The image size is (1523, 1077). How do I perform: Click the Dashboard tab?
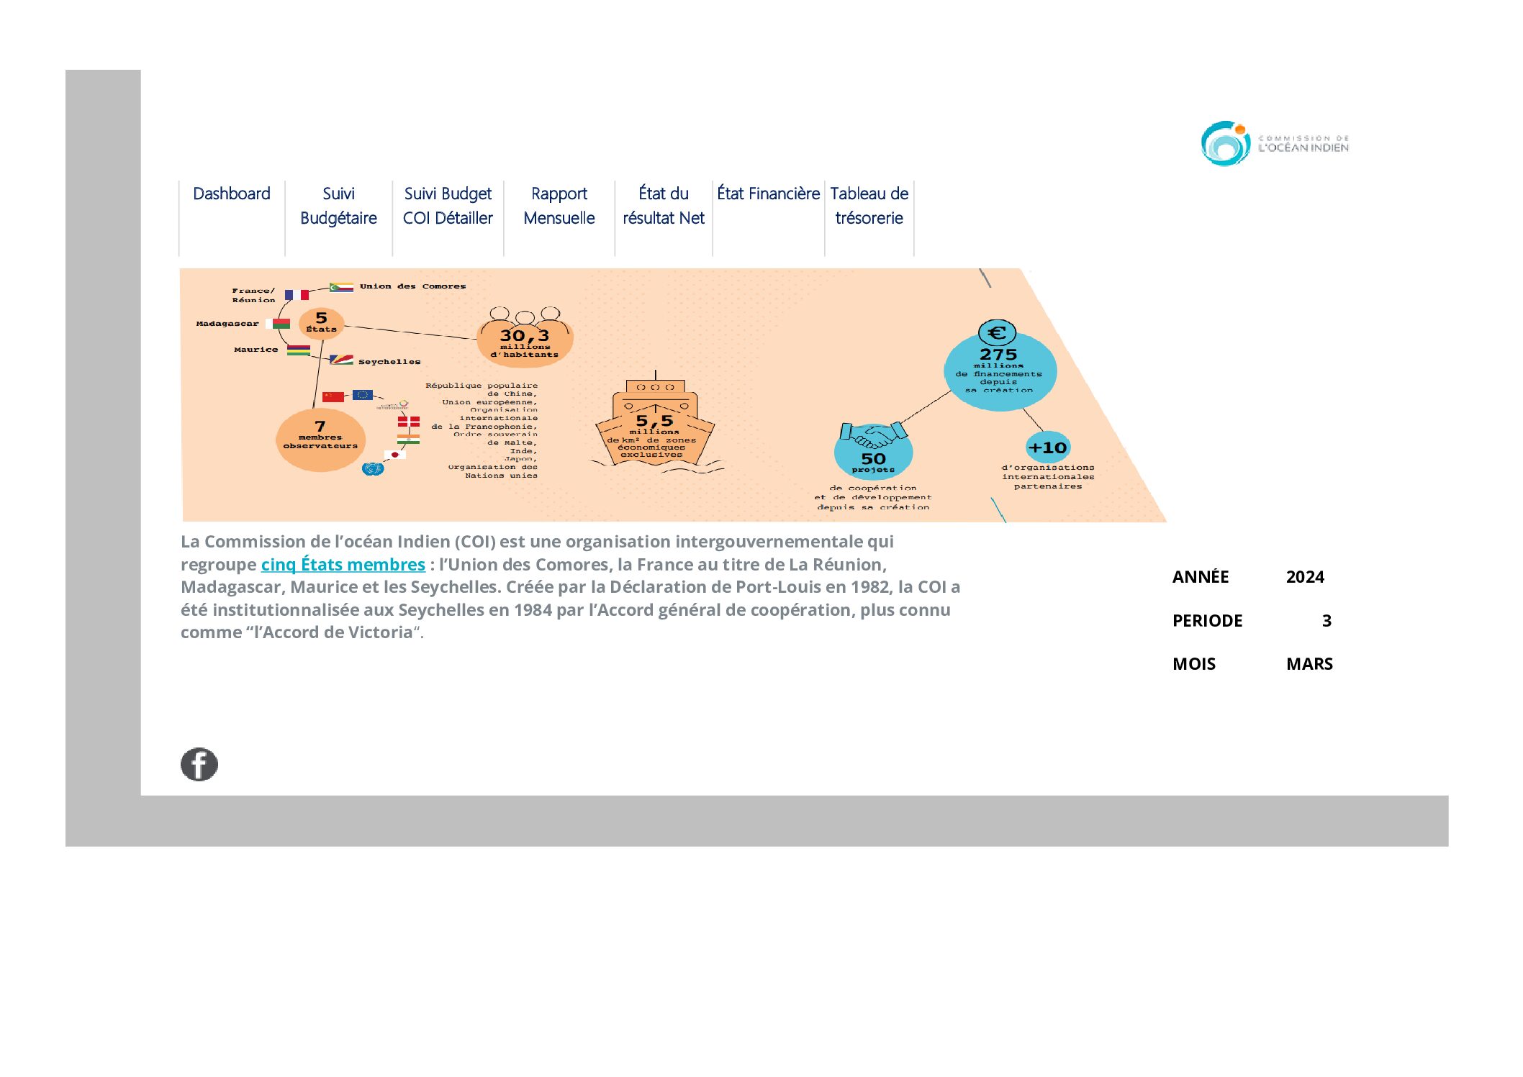231,194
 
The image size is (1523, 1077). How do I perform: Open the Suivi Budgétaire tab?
338,206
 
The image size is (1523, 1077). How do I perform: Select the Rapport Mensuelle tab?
559,206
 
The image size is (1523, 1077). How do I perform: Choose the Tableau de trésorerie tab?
869,206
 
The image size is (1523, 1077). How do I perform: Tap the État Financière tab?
768,194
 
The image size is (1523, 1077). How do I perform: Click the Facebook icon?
199,764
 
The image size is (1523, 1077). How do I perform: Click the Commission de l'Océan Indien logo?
1274,143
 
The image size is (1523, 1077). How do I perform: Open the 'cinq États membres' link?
343,565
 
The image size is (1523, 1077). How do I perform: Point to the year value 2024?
1304,577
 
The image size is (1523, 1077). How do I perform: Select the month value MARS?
1309,664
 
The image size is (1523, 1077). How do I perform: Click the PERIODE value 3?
1326,621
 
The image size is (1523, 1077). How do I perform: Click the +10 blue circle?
1047,447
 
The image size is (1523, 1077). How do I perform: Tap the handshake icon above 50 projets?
873,436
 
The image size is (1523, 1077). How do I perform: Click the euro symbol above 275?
997,333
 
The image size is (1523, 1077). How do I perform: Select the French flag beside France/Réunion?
297,295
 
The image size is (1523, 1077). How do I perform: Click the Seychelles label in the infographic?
389,362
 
